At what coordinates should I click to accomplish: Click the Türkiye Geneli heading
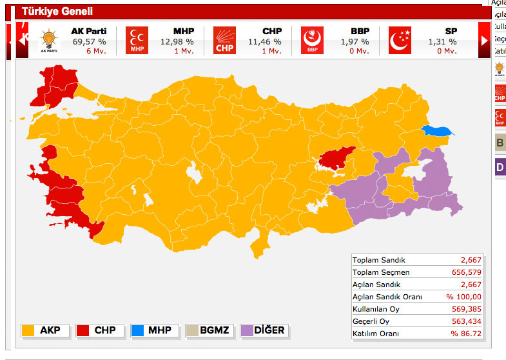tap(57, 12)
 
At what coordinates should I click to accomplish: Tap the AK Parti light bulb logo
tap(48, 40)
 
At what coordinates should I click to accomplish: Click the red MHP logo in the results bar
tap(137, 40)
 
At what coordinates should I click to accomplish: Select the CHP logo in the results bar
tap(225, 40)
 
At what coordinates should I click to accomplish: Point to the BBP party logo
tap(312, 40)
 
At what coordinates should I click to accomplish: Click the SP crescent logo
tap(400, 40)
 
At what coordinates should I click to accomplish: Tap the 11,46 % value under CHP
tap(265, 42)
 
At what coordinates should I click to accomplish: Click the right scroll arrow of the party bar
tap(484, 40)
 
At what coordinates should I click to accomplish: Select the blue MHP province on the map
tap(436, 130)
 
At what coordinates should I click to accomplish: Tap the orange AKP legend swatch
tap(28, 330)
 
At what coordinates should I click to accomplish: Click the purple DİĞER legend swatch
tap(247, 330)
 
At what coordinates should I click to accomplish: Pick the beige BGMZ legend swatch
tap(192, 330)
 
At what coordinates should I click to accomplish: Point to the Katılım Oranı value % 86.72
tap(463, 334)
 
